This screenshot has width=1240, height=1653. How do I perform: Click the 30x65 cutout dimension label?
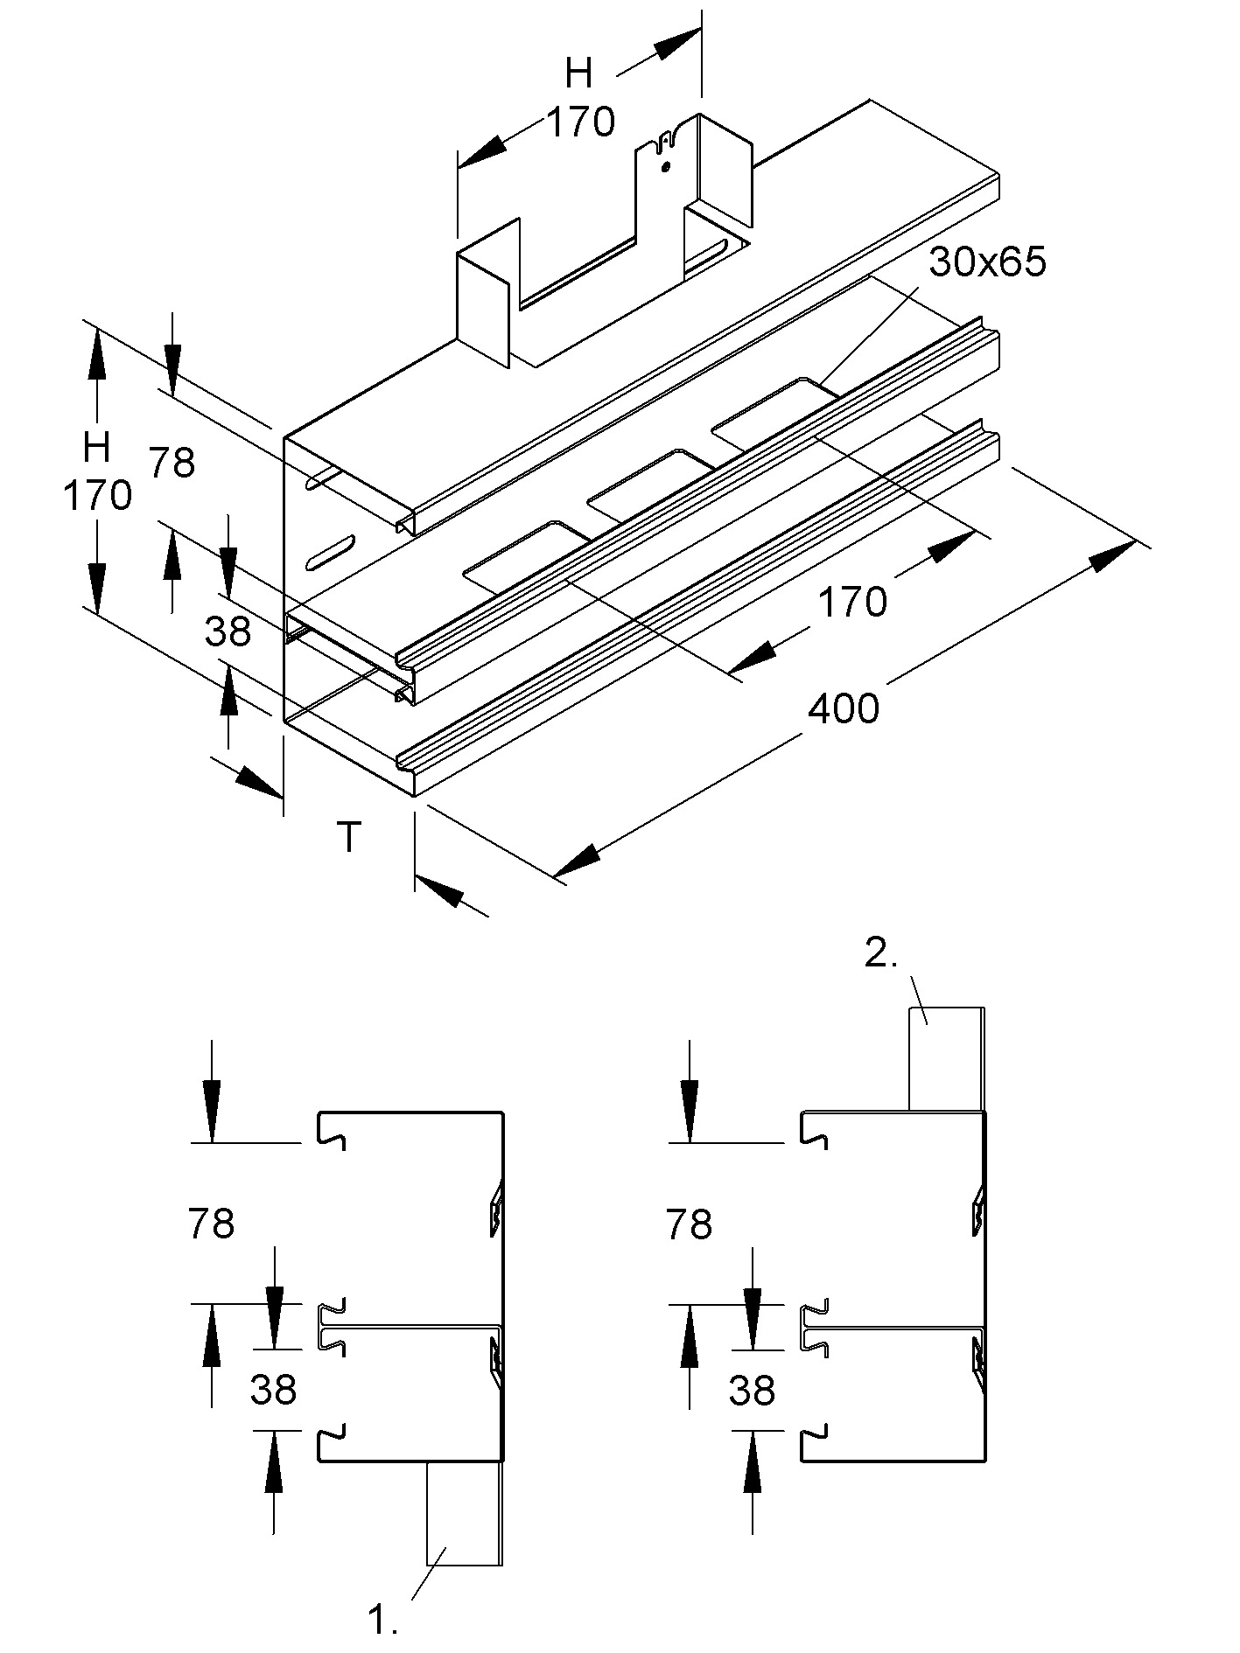[987, 262]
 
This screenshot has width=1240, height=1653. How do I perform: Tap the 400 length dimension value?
[843, 708]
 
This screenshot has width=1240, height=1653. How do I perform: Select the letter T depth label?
[349, 837]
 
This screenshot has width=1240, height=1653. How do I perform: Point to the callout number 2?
[881, 953]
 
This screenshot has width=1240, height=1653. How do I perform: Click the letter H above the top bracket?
[579, 74]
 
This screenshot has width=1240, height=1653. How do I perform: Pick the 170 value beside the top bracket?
[581, 122]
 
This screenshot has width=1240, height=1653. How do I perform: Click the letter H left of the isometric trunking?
[96, 448]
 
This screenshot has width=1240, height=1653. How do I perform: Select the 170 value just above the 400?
[851, 602]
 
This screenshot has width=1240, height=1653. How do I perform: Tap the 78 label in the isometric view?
[172, 463]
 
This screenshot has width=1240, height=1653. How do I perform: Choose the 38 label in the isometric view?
[228, 631]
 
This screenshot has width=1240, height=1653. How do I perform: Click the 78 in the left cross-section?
[211, 1224]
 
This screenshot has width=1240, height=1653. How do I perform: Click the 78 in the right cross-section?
[689, 1224]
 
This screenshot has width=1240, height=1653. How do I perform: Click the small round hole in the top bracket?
[666, 165]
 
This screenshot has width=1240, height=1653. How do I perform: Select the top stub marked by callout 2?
[946, 1058]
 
